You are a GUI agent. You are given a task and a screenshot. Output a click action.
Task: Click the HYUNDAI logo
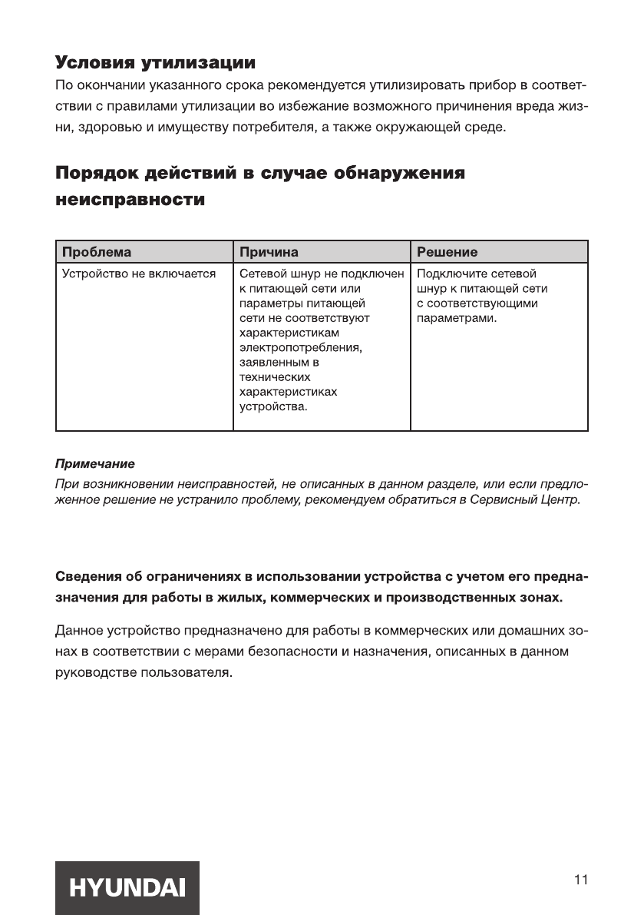(x=127, y=887)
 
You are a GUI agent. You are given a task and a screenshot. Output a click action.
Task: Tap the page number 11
(x=580, y=880)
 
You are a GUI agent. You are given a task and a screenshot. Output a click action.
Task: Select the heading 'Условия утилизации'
(x=155, y=61)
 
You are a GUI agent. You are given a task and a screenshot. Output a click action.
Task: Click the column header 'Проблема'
(x=97, y=252)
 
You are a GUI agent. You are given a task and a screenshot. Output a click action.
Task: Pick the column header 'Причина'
(x=269, y=252)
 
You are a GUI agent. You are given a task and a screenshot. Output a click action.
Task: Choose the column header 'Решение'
(x=447, y=252)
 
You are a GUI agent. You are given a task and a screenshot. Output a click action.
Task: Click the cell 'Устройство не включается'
(x=138, y=274)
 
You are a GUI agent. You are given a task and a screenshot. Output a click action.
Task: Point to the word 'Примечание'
(x=94, y=465)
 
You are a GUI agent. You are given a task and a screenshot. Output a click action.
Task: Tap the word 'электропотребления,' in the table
(x=301, y=347)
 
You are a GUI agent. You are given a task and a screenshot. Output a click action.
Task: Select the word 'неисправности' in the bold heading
(x=130, y=201)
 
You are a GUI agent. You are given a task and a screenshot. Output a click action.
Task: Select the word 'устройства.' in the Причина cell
(x=273, y=406)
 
